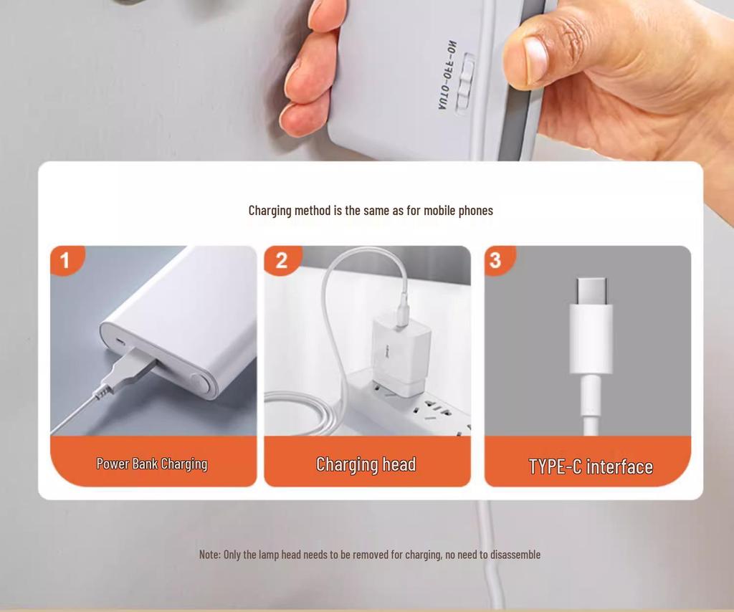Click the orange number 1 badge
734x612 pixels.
[x=65, y=260]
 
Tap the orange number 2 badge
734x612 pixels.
[x=281, y=260]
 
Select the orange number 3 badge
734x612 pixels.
[x=496, y=260]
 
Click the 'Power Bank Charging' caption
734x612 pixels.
[x=152, y=464]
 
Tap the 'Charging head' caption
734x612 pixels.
[x=366, y=464]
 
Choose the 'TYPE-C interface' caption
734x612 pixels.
[x=591, y=467]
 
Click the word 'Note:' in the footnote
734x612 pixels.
[x=210, y=555]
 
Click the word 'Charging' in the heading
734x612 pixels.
[x=270, y=211]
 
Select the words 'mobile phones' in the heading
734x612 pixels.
[x=458, y=211]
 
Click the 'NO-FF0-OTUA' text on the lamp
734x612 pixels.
[x=448, y=75]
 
